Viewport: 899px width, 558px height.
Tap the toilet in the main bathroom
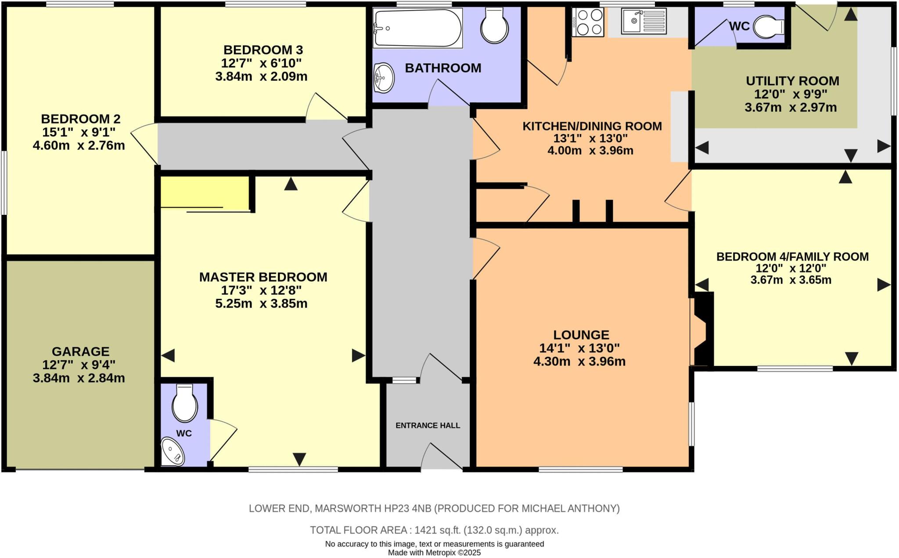pyautogui.click(x=495, y=25)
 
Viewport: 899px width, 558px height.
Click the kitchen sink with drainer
pyautogui.click(x=644, y=21)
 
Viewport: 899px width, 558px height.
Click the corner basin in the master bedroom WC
pyautogui.click(x=172, y=451)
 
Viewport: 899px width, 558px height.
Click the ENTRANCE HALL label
pyautogui.click(x=428, y=425)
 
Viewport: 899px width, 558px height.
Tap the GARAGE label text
pyautogui.click(x=80, y=351)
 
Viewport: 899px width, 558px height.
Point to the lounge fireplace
pyautogui.click(x=701, y=330)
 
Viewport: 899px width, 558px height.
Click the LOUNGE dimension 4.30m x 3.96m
pyautogui.click(x=579, y=362)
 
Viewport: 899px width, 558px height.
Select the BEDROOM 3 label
pyautogui.click(x=263, y=50)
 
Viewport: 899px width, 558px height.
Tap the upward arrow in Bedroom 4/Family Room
pyautogui.click(x=845, y=177)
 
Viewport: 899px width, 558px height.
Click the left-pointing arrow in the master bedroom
pyautogui.click(x=168, y=355)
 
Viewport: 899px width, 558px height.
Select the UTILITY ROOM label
pyautogui.click(x=792, y=81)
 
